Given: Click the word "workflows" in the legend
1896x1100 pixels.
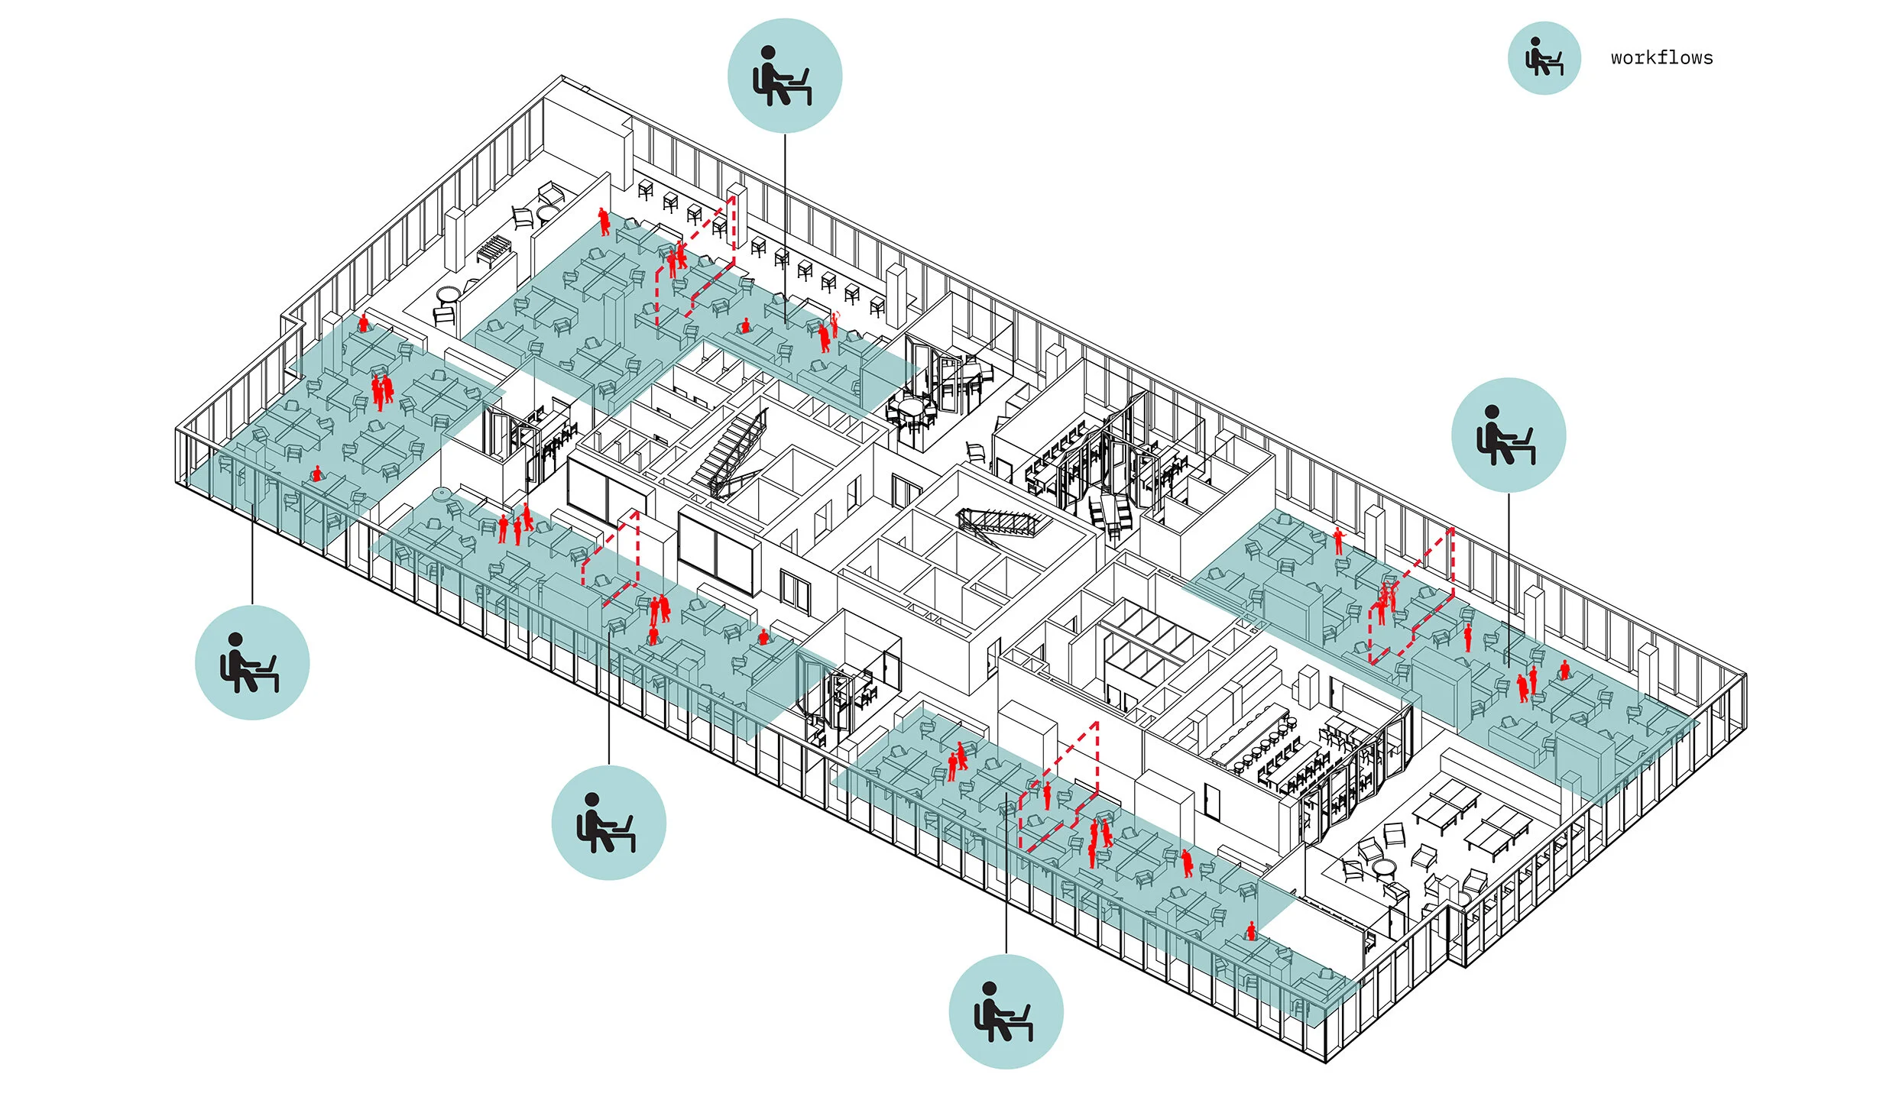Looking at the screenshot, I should click(1661, 58).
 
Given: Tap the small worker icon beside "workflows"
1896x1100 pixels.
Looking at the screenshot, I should click(1544, 58).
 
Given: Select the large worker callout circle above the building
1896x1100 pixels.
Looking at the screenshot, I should click(785, 76).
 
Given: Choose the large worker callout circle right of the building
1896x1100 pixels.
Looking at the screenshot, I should click(1509, 435).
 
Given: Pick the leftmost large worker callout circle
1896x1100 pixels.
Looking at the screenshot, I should click(252, 662).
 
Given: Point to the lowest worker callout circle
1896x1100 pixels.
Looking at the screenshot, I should click(1006, 1011).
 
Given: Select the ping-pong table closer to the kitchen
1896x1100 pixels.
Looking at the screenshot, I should click(1445, 803).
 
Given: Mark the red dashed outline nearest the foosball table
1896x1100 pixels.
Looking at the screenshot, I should click(695, 260).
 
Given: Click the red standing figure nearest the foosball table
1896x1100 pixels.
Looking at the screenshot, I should click(604, 221).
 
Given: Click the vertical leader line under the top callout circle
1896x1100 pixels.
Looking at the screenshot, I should click(785, 229).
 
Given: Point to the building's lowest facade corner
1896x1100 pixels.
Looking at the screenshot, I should click(1326, 1060).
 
